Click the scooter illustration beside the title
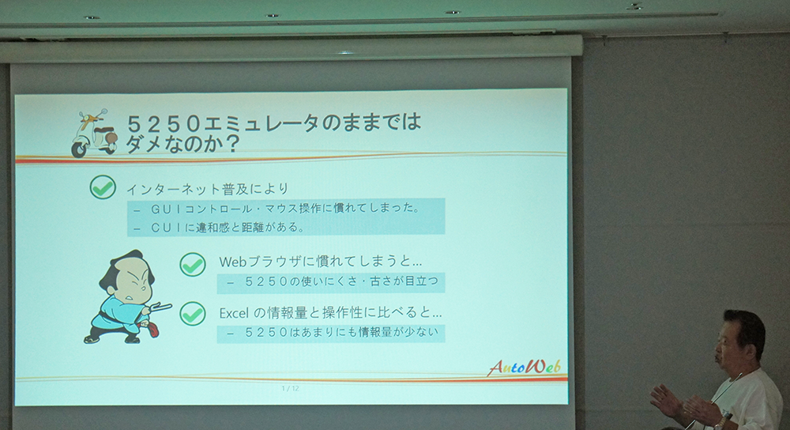coord(94,133)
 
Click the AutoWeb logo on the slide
coord(524,367)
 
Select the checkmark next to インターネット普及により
coord(103,187)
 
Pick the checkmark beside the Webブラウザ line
coord(193,264)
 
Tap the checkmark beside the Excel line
coord(193,313)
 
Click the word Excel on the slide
coord(234,313)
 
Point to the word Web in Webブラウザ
coord(234,262)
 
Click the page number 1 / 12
coord(290,388)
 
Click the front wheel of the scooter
coord(79,149)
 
